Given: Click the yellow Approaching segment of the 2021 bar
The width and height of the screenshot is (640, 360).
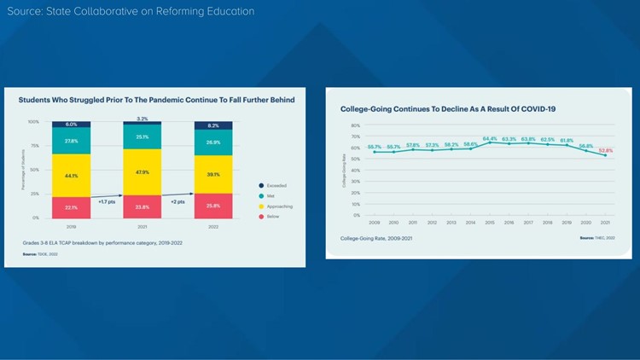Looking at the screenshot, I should pos(143,172).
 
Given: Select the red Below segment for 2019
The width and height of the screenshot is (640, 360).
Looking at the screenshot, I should pos(71,206).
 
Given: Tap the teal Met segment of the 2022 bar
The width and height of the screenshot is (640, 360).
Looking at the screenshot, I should pos(213,142).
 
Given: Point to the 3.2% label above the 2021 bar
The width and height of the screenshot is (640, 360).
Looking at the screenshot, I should pos(143,119).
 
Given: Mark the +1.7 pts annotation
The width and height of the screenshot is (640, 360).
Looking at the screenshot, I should pos(108,202).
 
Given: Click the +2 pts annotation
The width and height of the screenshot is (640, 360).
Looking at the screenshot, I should pos(177,202).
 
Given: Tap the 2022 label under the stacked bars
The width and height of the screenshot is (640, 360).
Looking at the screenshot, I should pos(213,227).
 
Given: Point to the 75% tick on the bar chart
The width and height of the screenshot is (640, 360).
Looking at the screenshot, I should pos(34,146).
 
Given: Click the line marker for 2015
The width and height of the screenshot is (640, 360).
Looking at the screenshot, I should pos(490,142).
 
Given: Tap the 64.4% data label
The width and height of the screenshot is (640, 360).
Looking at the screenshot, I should pos(490,137).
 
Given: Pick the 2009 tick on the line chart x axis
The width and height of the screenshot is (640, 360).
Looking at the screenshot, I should pos(375,223).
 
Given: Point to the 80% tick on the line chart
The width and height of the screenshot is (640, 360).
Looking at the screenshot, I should pos(356,125).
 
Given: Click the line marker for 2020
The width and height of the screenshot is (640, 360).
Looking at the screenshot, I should pos(586,150).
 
